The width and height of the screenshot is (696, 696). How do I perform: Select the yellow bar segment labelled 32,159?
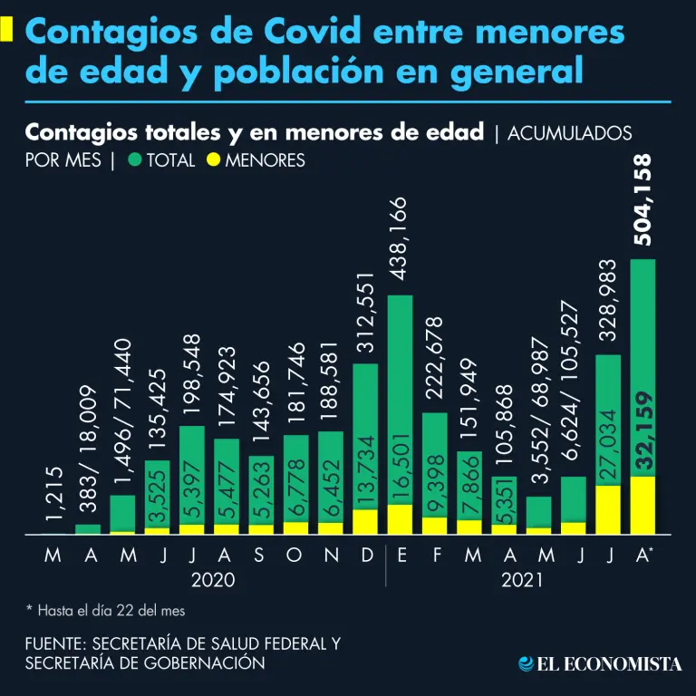pyautogui.click(x=643, y=505)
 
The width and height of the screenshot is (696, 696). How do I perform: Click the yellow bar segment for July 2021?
pyautogui.click(x=608, y=509)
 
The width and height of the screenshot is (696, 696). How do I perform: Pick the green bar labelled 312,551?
pyautogui.click(x=365, y=435)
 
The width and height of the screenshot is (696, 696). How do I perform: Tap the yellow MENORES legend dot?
pyautogui.click(x=214, y=161)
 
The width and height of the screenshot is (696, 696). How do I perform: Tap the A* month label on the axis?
pyautogui.click(x=644, y=555)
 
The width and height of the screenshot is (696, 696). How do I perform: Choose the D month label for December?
pyautogui.click(x=366, y=555)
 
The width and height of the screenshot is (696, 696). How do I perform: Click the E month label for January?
pyautogui.click(x=401, y=555)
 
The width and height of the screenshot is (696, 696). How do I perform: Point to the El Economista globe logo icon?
pyautogui.click(x=525, y=664)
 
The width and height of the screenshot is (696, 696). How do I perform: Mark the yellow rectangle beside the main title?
pyautogui.click(x=6, y=29)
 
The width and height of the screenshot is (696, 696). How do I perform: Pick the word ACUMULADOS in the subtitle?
pyautogui.click(x=570, y=133)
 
